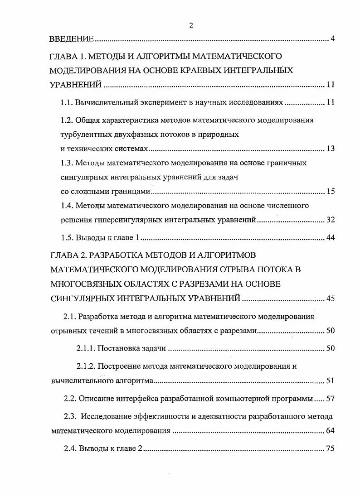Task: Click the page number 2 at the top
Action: (191, 25)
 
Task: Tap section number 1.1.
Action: (67, 103)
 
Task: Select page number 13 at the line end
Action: (330, 149)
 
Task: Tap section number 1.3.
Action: (67, 163)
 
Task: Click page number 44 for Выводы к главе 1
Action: (330, 238)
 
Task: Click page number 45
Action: (330, 298)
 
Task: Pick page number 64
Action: (330, 431)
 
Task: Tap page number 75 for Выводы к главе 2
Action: (330, 449)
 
